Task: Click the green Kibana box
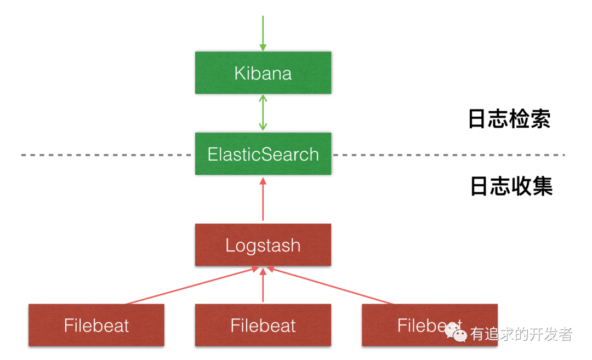tap(263, 73)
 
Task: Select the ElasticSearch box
tap(263, 153)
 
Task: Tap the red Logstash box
tap(263, 245)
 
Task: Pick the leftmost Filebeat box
tap(96, 325)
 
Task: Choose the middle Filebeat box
tap(263, 325)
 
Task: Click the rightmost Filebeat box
tap(430, 325)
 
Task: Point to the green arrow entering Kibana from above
tap(263, 33)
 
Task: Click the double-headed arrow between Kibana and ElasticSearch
tap(263, 113)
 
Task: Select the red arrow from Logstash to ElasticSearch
tap(263, 199)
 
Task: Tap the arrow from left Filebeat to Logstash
tap(192, 285)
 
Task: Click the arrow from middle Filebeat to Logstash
tap(263, 285)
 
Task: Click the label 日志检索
tap(509, 119)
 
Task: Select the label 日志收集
tap(511, 186)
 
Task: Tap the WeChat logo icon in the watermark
tap(456, 333)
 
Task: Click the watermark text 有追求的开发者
tap(521, 334)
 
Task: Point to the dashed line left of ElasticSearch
tap(106, 155)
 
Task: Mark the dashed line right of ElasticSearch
tap(449, 155)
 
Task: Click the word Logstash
tap(263, 245)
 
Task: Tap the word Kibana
tap(263, 73)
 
